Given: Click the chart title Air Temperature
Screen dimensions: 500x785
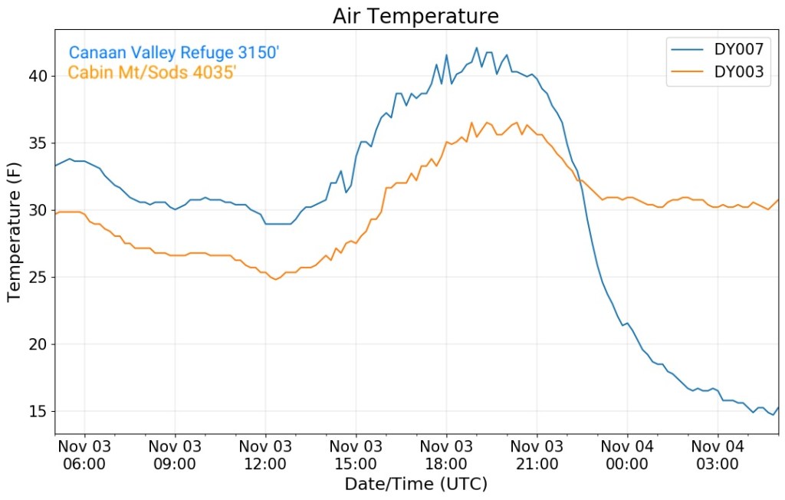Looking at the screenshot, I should pos(415,16).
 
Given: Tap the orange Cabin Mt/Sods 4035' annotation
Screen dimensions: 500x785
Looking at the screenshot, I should pos(152,73).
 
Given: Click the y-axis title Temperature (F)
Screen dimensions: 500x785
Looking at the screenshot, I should pos(14,232).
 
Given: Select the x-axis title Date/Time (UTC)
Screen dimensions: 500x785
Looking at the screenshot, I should pos(415,485).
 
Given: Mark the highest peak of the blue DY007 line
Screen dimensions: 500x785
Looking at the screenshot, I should pos(476,48).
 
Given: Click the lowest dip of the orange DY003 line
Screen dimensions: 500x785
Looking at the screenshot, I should pos(275,279).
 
